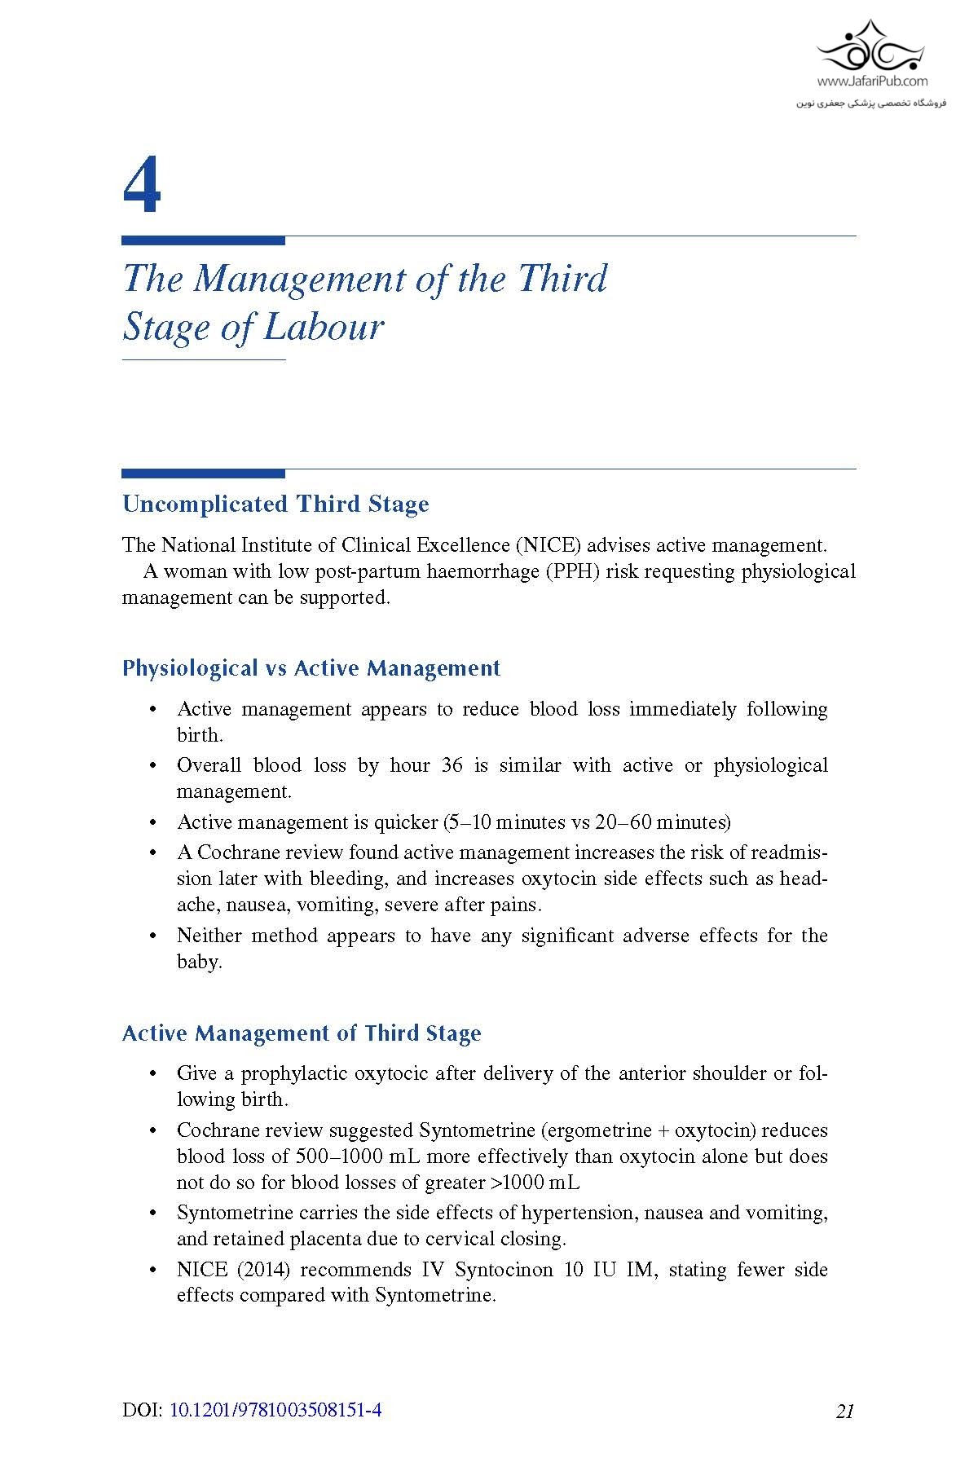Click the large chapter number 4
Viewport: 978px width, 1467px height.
coord(142,187)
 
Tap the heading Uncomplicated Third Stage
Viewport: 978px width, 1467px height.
coord(275,504)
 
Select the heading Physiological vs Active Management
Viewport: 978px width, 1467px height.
coord(311,668)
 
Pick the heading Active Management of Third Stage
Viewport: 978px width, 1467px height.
coord(302,1033)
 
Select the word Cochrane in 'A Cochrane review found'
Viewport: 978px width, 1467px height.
coord(239,852)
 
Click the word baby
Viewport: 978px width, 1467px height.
coord(199,962)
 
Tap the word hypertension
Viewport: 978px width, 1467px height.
coord(579,1213)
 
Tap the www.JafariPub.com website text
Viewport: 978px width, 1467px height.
coord(872,81)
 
